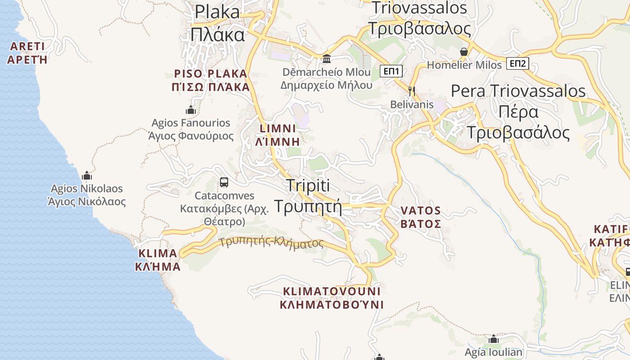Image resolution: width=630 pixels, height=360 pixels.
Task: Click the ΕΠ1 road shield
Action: (x=391, y=71)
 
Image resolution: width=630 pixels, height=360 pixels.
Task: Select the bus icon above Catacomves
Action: (x=224, y=182)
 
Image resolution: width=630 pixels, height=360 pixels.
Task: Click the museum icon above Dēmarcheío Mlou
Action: (x=327, y=59)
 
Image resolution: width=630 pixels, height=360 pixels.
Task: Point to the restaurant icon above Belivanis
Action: (x=411, y=91)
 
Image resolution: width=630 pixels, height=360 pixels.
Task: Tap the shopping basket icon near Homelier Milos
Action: (x=464, y=52)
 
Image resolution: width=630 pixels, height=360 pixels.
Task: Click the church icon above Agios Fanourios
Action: (x=191, y=110)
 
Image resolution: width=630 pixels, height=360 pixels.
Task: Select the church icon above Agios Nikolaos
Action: (x=87, y=175)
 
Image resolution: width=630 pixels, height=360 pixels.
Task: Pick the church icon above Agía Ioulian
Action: (x=494, y=339)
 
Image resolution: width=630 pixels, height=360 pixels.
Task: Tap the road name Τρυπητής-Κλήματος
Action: (x=272, y=243)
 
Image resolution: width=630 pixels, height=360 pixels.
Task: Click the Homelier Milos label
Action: (x=464, y=65)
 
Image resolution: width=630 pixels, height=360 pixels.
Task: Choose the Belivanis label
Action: (x=412, y=104)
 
